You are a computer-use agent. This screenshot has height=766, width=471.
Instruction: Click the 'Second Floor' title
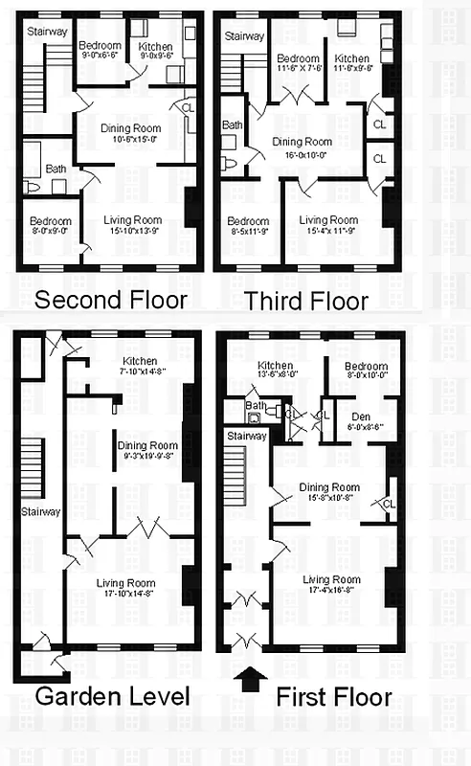[x=110, y=301]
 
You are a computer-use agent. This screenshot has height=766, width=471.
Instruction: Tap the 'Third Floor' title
[x=305, y=301]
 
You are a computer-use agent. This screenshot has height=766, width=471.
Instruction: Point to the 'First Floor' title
[x=333, y=696]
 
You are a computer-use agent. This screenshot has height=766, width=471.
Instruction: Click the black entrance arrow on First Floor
[x=252, y=678]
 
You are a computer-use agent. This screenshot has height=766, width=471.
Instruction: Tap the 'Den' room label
[x=361, y=416]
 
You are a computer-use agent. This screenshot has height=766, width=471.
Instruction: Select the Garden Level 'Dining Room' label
[x=147, y=445]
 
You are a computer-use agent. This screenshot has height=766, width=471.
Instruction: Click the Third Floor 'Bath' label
[x=233, y=125]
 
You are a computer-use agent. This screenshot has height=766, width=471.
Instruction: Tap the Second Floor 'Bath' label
[x=56, y=168]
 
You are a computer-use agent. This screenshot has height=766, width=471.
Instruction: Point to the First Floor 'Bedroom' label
[x=366, y=367]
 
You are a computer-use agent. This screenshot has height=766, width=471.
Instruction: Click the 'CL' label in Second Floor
[x=188, y=107]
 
